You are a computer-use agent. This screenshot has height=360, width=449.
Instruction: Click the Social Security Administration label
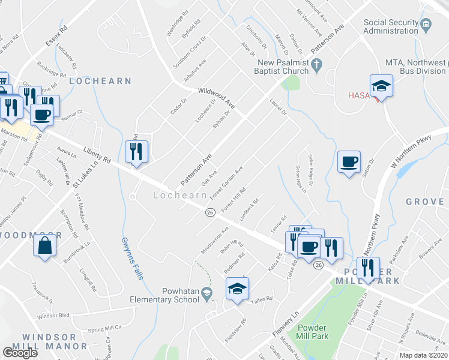[x=391, y=26]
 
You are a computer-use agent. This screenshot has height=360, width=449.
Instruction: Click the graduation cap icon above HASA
[x=381, y=87]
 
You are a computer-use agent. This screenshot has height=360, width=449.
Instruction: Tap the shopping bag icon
[x=45, y=246]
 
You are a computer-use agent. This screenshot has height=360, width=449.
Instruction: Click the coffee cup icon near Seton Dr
[x=348, y=162]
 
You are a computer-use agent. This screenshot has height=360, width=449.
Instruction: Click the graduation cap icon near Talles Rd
[x=237, y=289]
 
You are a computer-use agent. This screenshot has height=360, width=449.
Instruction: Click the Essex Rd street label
[x=57, y=37]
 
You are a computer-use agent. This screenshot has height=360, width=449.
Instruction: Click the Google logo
[x=20, y=352]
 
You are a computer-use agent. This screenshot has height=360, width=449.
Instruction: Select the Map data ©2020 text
[x=424, y=355]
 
